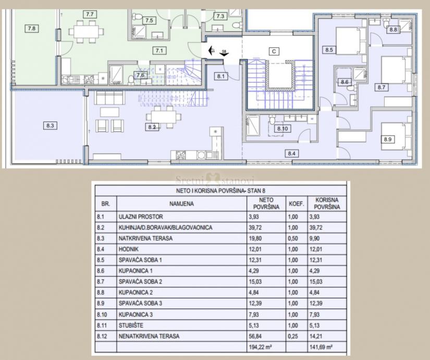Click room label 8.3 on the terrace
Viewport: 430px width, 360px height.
point(50,126)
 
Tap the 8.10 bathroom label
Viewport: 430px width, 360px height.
point(282,128)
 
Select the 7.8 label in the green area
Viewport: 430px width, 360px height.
point(32,28)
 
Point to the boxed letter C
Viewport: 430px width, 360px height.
point(274,51)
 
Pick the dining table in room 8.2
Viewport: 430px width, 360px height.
point(164,117)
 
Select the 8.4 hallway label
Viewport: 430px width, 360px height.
point(291,153)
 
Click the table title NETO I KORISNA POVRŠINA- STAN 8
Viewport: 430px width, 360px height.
point(220,190)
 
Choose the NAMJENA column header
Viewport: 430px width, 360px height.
point(181,204)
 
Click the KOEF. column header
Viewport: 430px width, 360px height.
point(297,204)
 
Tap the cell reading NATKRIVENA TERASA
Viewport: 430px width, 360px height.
point(145,238)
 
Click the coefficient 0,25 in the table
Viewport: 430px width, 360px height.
point(293,336)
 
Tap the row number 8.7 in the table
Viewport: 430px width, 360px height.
point(101,282)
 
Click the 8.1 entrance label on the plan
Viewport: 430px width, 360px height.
point(221,76)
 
